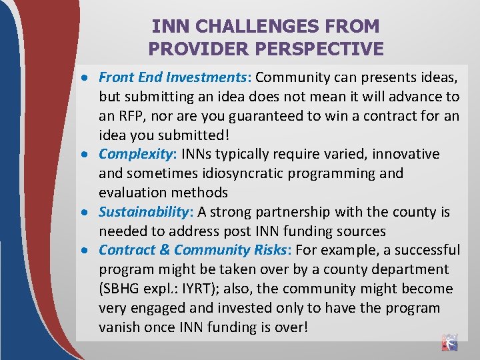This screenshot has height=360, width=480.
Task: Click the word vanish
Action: pyautogui.click(x=120, y=328)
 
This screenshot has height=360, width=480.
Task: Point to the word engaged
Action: pyautogui.click(x=159, y=309)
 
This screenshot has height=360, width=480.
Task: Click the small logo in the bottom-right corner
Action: pyautogui.click(x=450, y=342)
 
